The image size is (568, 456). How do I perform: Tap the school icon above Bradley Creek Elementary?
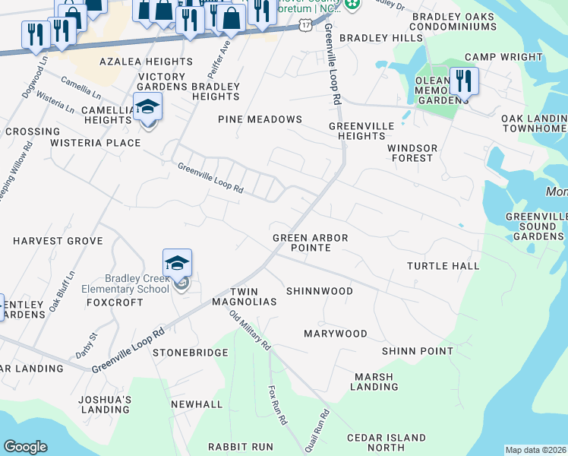[177, 263]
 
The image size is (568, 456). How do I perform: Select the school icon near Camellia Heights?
[147, 106]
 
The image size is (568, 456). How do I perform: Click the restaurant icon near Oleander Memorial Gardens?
[463, 81]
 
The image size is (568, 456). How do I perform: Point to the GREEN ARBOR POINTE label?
[310, 242]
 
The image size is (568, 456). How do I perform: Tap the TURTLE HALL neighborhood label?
[443, 265]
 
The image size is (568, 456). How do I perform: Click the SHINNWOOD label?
[319, 291]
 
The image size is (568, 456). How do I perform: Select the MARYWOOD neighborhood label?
[335, 334]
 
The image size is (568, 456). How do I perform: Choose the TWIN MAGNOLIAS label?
[252, 296]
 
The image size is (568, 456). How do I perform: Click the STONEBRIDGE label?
[190, 353]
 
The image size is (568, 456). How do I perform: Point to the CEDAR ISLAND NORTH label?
[386, 442]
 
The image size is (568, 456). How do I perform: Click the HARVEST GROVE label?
[58, 240]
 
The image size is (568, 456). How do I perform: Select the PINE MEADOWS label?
[260, 119]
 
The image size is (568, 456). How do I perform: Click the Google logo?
[25, 447]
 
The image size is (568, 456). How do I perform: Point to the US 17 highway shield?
[305, 26]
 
